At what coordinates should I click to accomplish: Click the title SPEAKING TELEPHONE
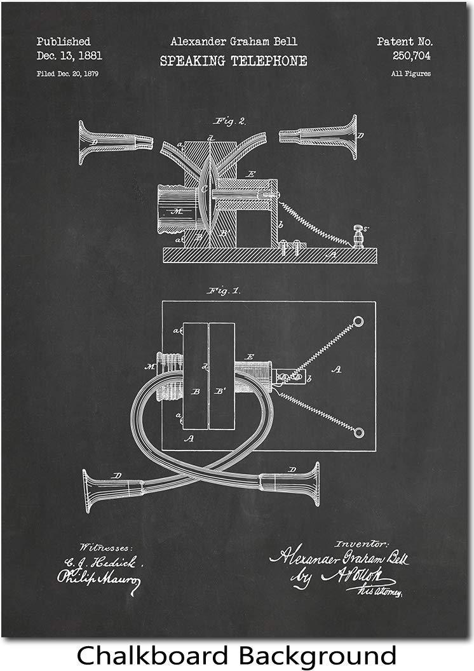coord(233,61)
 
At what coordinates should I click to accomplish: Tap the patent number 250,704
coord(412,56)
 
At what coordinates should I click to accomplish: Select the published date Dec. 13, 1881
coord(69,56)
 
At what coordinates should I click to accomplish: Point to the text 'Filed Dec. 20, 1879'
coord(67,74)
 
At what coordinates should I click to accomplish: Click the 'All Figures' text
coord(410,74)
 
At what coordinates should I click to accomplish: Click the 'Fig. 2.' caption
coord(230,120)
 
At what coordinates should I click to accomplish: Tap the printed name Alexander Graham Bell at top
coord(233,42)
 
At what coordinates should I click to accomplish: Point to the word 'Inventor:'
coord(361,543)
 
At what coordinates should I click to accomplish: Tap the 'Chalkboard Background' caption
coord(236,655)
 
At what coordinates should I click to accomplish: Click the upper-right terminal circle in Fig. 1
coord(358,322)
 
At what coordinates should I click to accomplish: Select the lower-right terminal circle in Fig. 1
coord(359,432)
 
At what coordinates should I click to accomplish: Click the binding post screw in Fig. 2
coord(358,236)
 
